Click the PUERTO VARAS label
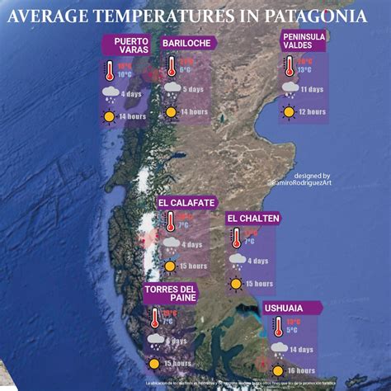[x=130, y=46]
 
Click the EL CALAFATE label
[x=187, y=202]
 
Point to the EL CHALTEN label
[x=254, y=218]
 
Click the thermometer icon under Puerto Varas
[x=109, y=71]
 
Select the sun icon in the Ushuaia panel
[x=278, y=370]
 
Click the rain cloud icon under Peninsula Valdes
[x=290, y=88]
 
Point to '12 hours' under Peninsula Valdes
[x=312, y=112]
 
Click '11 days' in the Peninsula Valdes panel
[x=312, y=89]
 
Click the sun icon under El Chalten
[x=237, y=284]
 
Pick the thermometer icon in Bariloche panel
[x=172, y=67]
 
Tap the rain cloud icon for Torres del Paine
[x=155, y=339]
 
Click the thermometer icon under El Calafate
[x=169, y=221]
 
